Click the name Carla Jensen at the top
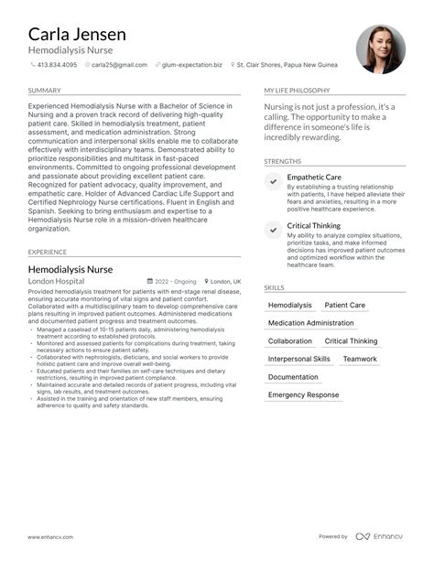click(77, 34)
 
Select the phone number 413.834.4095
click(57, 65)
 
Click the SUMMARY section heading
click(44, 91)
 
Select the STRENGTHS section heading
click(282, 161)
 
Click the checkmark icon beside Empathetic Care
click(273, 181)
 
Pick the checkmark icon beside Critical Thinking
click(273, 230)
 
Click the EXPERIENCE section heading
click(47, 252)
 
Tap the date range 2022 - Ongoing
click(173, 282)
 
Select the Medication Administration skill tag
click(310, 323)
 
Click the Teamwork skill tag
click(360, 359)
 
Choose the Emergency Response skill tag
click(303, 394)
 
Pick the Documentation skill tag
click(293, 377)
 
